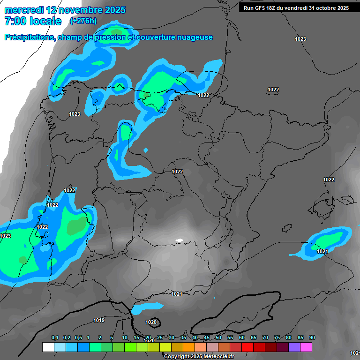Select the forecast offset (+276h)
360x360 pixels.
click(83, 21)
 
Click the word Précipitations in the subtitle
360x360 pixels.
click(29, 37)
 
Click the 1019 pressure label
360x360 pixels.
click(99, 321)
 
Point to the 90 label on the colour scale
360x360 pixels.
click(312, 338)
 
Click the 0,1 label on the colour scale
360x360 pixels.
click(55, 338)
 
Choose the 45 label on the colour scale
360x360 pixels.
click(207, 338)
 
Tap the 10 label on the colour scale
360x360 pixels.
click(125, 338)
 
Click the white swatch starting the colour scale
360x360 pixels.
click(48, 347)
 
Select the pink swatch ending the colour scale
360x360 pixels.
click(306, 347)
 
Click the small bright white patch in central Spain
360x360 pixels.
click(180, 240)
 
